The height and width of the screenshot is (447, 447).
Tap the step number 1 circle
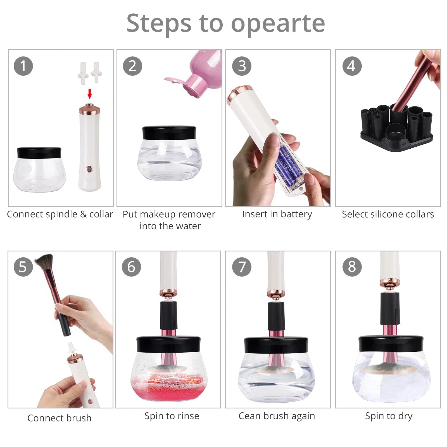coord(23,66)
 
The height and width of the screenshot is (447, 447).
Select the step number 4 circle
coord(352,66)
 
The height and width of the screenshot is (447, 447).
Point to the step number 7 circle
coord(242,267)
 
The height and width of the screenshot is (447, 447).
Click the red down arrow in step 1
coord(90,94)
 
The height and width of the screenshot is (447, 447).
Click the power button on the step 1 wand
coord(89,169)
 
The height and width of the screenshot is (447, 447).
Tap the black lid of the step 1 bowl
coord(39,153)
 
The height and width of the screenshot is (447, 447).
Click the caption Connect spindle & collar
coord(60,214)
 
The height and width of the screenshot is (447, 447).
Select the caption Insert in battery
coord(277,214)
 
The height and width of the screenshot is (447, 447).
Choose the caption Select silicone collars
coord(388,214)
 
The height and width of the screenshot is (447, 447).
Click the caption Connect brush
coord(60,418)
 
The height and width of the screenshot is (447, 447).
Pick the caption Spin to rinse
coord(172,416)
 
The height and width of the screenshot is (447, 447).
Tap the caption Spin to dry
coord(389,416)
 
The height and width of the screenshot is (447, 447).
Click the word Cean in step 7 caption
coord(249,416)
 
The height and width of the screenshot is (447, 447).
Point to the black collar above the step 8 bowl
coord(389,309)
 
